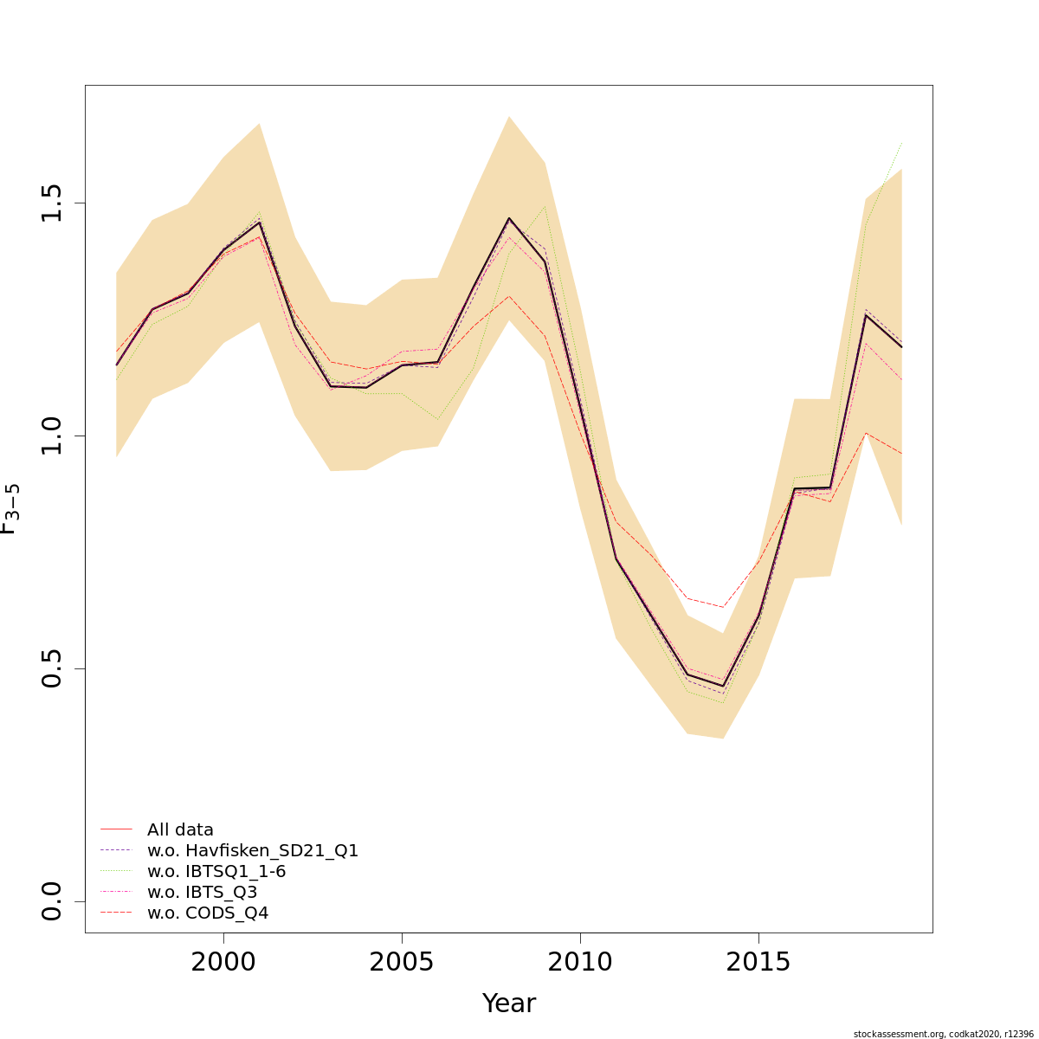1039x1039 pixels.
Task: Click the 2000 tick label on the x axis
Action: coord(223,962)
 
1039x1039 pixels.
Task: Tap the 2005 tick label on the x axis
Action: coord(402,962)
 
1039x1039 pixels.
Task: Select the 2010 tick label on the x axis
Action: coord(580,962)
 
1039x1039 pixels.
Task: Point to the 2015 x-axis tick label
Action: coord(758,962)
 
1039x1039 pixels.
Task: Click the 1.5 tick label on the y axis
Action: coord(52,203)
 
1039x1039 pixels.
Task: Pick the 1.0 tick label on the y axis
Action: coord(52,436)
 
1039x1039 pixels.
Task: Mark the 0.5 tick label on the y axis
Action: coord(52,668)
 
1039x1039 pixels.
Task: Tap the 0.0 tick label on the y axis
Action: coord(52,901)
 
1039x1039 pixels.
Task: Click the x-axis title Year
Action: coord(509,1004)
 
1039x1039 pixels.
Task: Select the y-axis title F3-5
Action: coord(10,509)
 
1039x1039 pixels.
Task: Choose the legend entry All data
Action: coord(180,829)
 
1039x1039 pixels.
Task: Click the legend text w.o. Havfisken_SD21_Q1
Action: coord(253,850)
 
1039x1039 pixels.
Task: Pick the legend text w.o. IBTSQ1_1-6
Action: coord(216,871)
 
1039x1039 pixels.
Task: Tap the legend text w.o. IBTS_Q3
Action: coord(202,892)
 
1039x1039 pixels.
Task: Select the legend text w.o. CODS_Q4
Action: coord(208,913)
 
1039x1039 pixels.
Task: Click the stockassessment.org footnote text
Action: coord(943,1034)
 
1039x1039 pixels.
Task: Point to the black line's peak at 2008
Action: coord(509,218)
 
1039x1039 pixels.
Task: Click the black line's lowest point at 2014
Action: coord(723,686)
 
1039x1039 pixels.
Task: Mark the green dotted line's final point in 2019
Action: coord(901,142)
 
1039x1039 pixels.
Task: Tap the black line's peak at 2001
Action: coord(259,223)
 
